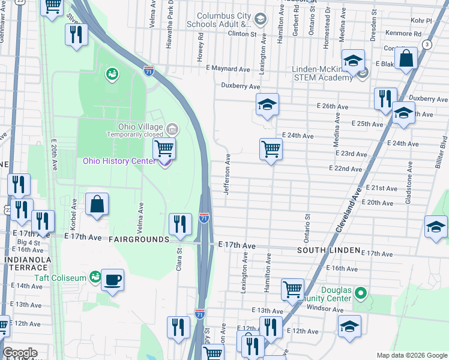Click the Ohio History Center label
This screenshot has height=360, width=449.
point(122,161)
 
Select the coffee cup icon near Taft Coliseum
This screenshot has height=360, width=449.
point(112,279)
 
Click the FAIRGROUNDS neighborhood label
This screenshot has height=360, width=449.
point(139,239)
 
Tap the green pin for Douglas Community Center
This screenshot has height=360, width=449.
point(360,294)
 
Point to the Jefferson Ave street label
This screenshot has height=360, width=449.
point(228,174)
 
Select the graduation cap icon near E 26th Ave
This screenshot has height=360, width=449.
point(267,104)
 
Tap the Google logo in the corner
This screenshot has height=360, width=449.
point(20,353)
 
